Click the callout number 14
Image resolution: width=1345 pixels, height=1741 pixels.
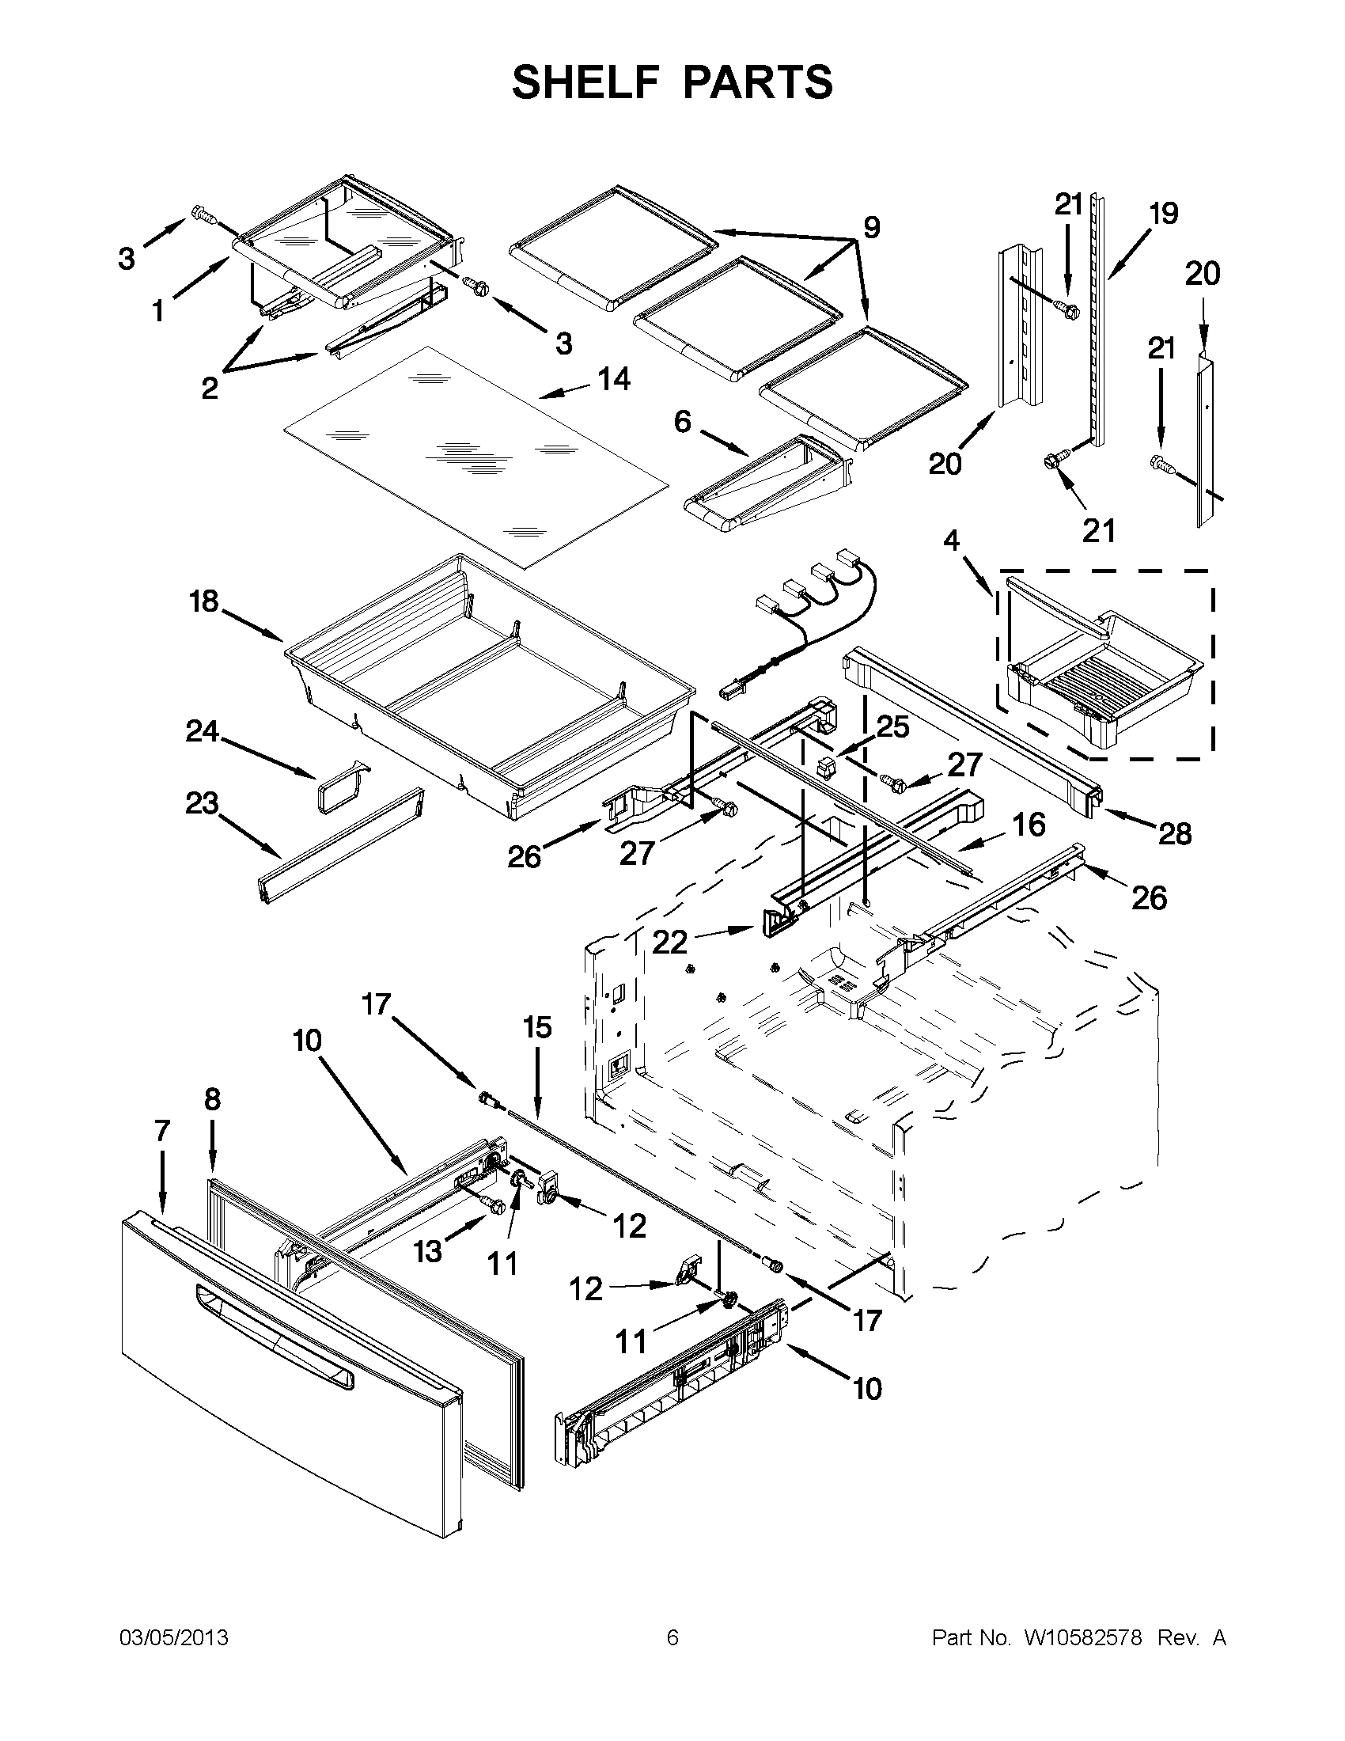(x=613, y=379)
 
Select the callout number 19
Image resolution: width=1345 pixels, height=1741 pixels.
(x=1163, y=214)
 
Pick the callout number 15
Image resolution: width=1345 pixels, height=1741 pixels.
(x=537, y=1027)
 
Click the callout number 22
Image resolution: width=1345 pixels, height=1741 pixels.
(x=669, y=943)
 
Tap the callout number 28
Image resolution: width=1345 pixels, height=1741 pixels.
(x=1174, y=834)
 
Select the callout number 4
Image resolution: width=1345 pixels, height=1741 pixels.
(x=951, y=541)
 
